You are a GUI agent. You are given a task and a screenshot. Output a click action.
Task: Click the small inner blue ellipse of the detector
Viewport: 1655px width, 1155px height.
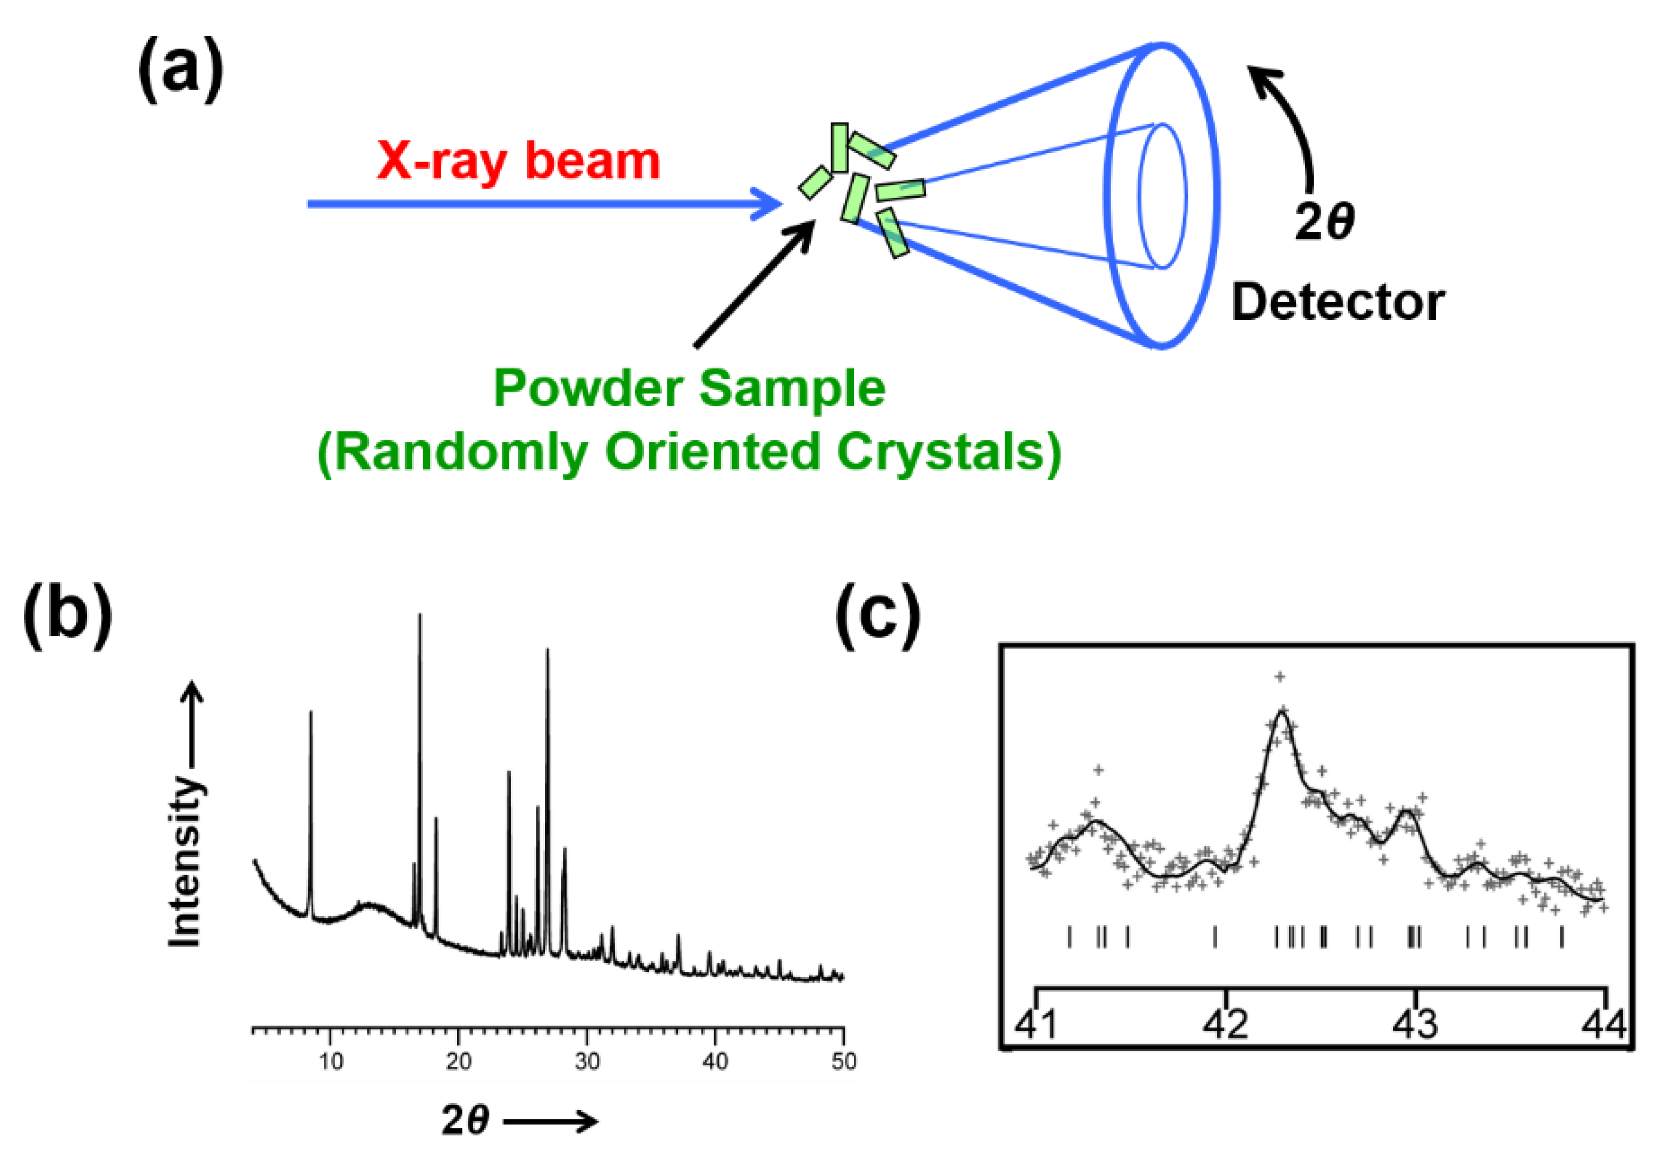click(x=1162, y=196)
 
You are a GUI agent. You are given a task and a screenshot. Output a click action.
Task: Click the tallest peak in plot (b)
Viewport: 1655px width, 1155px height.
click(x=420, y=620)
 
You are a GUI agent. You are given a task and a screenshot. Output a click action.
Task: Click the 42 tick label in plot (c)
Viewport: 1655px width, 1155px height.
click(x=1226, y=1024)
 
